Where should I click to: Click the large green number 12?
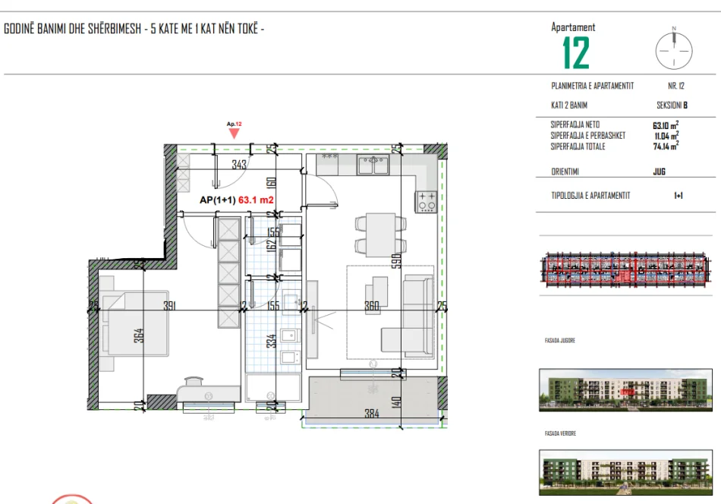[575, 53]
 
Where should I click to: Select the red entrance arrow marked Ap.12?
[235, 132]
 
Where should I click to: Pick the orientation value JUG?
[659, 172]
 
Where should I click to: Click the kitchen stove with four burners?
[425, 200]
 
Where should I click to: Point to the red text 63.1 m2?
[256, 200]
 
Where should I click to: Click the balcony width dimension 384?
[370, 414]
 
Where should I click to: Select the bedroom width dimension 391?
[169, 307]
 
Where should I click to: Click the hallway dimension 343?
[240, 165]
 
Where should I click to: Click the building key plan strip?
[626, 270]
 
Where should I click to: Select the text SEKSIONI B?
[672, 106]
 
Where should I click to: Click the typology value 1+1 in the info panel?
[678, 196]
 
